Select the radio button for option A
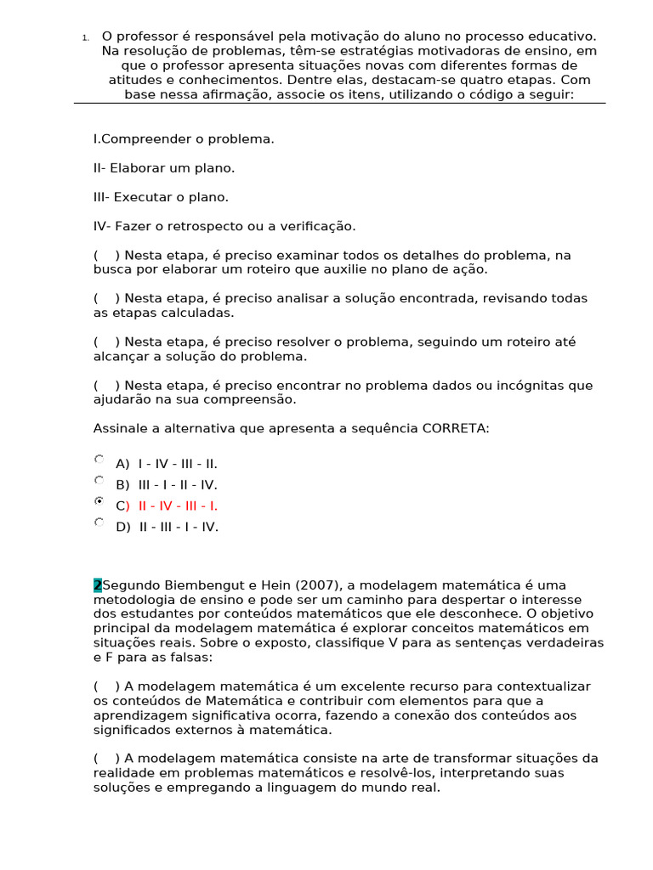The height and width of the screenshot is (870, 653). click(x=99, y=459)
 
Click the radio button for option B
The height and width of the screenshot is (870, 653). click(x=99, y=480)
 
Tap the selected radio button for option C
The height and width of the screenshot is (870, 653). click(x=99, y=501)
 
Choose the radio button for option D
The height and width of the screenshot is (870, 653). click(x=99, y=522)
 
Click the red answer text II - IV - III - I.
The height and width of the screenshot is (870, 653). click(x=178, y=506)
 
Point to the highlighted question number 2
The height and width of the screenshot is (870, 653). click(x=97, y=585)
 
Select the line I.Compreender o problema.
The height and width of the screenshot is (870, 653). click(x=184, y=138)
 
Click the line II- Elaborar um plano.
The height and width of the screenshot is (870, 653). click(x=164, y=167)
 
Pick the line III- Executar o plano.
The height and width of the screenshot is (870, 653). click(x=161, y=197)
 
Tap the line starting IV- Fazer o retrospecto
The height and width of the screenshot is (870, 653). click(x=224, y=226)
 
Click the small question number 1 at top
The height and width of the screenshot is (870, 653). click(x=85, y=37)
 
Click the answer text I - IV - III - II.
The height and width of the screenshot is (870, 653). click(x=178, y=464)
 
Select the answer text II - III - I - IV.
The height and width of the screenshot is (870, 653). click(x=179, y=527)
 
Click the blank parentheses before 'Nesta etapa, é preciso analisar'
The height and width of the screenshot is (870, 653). click(x=106, y=298)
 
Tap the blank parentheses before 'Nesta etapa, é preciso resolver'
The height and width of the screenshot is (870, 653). click(x=106, y=342)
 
